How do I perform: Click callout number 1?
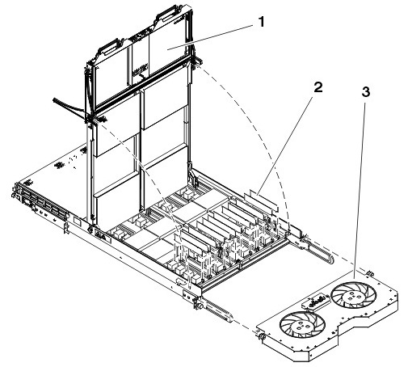point(261,22)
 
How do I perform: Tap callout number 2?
point(318,87)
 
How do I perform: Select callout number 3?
point(365,92)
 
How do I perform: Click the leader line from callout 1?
point(210,37)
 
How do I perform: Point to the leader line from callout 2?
point(285,146)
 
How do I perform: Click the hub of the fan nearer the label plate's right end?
point(353,296)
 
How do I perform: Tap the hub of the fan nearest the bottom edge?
point(302,326)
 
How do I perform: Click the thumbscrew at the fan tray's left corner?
point(260,336)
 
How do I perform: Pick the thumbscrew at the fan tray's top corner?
point(369,273)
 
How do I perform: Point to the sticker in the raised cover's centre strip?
point(140,70)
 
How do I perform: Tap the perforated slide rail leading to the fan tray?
point(217,309)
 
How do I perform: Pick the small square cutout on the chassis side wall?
point(77,221)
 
